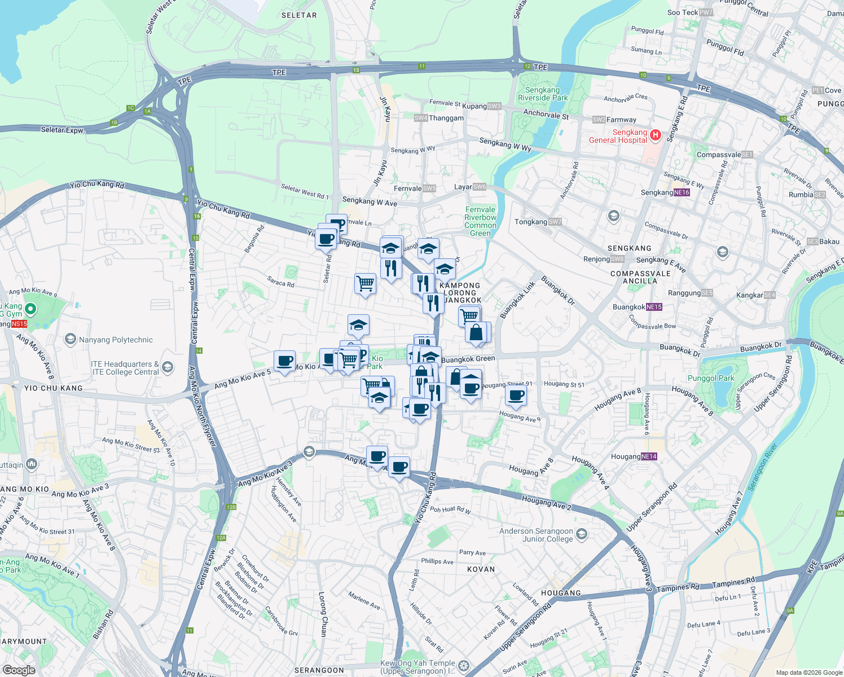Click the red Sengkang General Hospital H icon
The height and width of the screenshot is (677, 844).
click(x=655, y=135)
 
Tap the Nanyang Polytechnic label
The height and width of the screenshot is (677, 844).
click(x=116, y=340)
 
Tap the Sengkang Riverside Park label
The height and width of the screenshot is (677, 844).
click(x=543, y=94)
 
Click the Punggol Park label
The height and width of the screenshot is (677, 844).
click(x=711, y=378)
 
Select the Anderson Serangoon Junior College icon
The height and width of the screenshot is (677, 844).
click(x=582, y=534)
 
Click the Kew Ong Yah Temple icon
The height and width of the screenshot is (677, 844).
click(x=463, y=666)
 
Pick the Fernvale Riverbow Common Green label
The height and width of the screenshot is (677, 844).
click(x=480, y=221)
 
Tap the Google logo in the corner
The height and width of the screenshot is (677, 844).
click(x=19, y=670)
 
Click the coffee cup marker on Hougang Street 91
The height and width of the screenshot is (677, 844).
click(x=515, y=396)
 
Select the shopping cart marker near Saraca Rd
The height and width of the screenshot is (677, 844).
click(x=365, y=283)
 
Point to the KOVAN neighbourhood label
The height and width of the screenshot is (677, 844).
click(x=481, y=569)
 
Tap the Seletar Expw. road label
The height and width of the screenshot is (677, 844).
click(x=63, y=130)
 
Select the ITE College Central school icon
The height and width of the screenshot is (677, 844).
click(x=168, y=368)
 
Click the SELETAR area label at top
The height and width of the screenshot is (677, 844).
click(x=299, y=15)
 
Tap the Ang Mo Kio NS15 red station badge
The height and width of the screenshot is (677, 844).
click(x=19, y=324)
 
